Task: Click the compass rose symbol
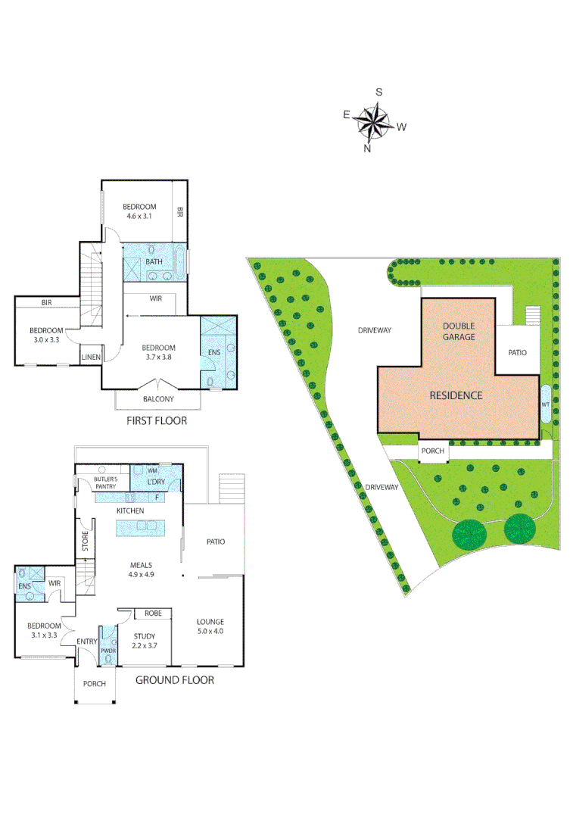(372, 122)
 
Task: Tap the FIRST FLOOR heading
(158, 420)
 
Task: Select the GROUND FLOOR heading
(174, 680)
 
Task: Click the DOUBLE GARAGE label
(459, 331)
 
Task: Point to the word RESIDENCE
(456, 395)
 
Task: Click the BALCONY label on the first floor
(158, 399)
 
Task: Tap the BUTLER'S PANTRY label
(105, 483)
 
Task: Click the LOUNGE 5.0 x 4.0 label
(210, 626)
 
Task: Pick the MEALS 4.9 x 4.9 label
(141, 570)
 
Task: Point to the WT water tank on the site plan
(545, 405)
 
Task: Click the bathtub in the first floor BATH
(179, 261)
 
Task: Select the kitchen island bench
(141, 527)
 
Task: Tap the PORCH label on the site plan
(433, 452)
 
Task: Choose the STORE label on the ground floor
(86, 541)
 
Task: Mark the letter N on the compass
(368, 148)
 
